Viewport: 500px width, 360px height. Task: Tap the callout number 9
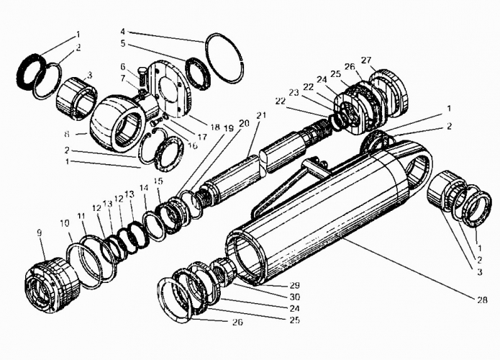pyautogui.click(x=40, y=233)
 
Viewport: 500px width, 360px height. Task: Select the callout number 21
pyautogui.click(x=261, y=115)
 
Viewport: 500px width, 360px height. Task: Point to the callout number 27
pyautogui.click(x=366, y=60)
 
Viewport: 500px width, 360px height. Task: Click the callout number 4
pyautogui.click(x=124, y=31)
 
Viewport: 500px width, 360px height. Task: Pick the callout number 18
pyautogui.click(x=215, y=127)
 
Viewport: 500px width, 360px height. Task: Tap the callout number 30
pyautogui.click(x=295, y=297)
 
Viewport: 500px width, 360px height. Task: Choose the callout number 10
pyautogui.click(x=65, y=222)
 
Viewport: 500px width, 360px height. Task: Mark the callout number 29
pyautogui.click(x=295, y=285)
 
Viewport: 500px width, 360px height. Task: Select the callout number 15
pyautogui.click(x=158, y=181)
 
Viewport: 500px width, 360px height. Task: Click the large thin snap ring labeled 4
pyautogui.click(x=225, y=59)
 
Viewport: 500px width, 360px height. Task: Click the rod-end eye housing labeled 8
pyautogui.click(x=117, y=123)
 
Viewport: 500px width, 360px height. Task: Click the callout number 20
pyautogui.click(x=245, y=124)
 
